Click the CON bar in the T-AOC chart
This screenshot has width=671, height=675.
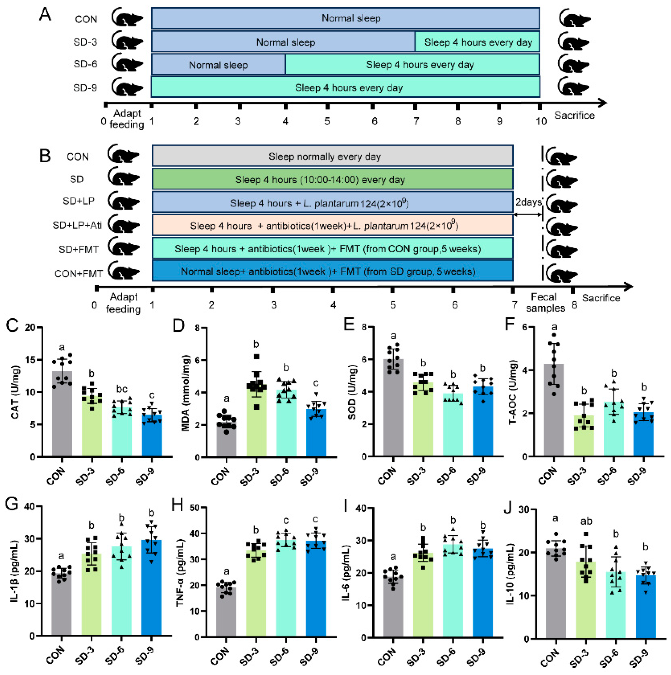pyautogui.click(x=554, y=412)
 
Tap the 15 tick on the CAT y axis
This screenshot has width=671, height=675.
pyautogui.click(x=31, y=360)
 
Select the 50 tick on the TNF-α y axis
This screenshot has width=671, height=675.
pyautogui.click(x=195, y=508)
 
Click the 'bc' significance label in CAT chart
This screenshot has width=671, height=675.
pyautogui.click(x=122, y=389)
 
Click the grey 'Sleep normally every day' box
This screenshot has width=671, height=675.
pyautogui.click(x=332, y=156)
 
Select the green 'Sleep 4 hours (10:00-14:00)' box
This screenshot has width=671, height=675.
pyautogui.click(x=332, y=180)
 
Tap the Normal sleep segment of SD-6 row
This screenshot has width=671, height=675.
pyautogui.click(x=218, y=65)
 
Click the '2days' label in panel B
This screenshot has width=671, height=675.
pyautogui.click(x=528, y=202)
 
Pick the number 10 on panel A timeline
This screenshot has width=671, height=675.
pyautogui.click(x=541, y=121)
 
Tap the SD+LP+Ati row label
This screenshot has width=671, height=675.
pyautogui.click(x=77, y=225)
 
